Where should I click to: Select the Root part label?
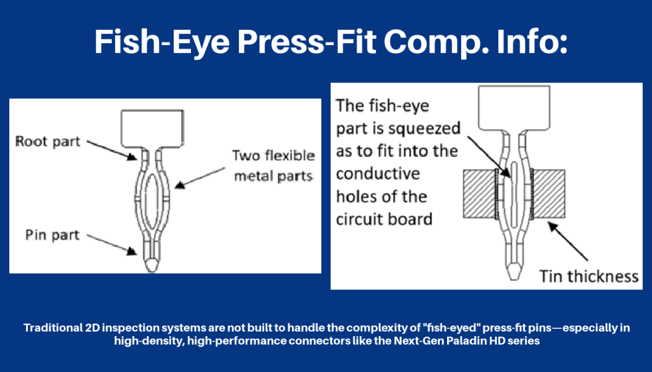48,141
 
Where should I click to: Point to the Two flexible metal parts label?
273,165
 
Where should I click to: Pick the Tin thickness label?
589,276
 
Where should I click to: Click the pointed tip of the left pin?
152,264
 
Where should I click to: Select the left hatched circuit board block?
477,193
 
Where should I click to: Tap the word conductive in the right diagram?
378,173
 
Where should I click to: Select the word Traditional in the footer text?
55,327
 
